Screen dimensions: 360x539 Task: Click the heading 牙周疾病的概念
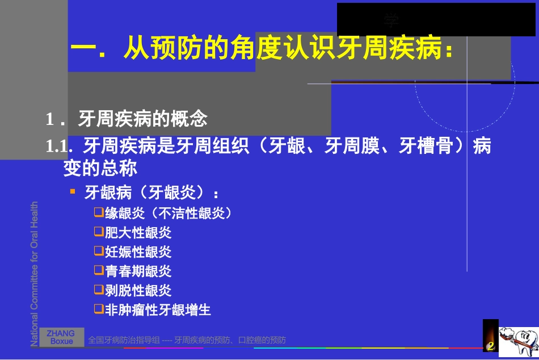(142, 119)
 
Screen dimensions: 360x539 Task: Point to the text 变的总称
(100, 168)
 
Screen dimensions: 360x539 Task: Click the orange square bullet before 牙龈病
(73, 191)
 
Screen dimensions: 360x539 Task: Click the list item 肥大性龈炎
(138, 233)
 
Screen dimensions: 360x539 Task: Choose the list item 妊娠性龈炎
(138, 252)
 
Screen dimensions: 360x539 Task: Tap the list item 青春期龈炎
(138, 271)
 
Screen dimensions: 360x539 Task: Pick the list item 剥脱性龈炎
(138, 291)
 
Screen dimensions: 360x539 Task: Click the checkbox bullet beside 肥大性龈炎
(99, 232)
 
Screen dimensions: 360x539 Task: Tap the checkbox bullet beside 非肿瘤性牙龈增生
(99, 309)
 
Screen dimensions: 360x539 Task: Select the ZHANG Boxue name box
(61, 337)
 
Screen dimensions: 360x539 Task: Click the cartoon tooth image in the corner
(518, 342)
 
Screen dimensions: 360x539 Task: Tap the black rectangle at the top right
(428, 20)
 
